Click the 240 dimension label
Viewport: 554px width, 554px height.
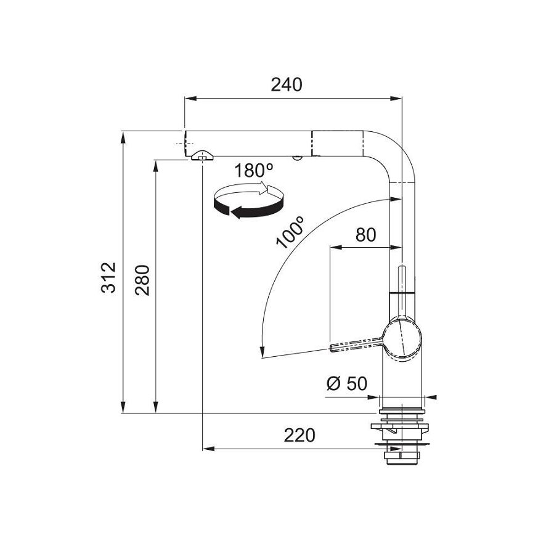pyautogui.click(x=286, y=85)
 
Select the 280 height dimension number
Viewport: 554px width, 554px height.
pyautogui.click(x=142, y=280)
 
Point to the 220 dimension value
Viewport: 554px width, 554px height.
pyautogui.click(x=299, y=435)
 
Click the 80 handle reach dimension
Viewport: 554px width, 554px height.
pyautogui.click(x=365, y=235)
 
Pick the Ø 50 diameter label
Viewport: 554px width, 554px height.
pyautogui.click(x=346, y=384)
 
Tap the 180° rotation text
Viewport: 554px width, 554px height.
pyautogui.click(x=254, y=171)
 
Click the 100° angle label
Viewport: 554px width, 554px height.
pyautogui.click(x=290, y=232)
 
